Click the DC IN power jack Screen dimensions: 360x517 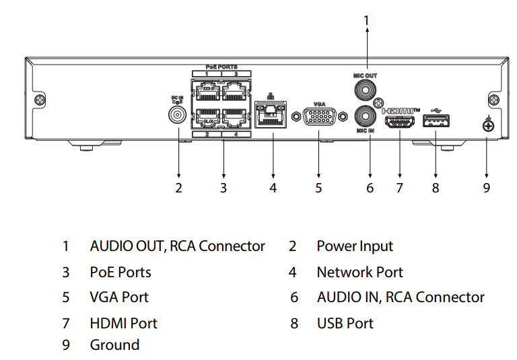(178, 116)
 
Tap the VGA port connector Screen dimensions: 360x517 (318, 119)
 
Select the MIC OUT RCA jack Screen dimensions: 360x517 (366, 89)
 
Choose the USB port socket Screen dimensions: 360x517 (435, 121)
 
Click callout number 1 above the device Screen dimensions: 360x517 (366, 21)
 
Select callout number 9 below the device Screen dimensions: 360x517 (487, 188)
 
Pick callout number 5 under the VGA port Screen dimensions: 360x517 (318, 188)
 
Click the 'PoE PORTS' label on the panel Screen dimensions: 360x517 (221, 67)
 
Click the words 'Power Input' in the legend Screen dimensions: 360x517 (355, 246)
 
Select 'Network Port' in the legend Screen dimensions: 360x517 (359, 273)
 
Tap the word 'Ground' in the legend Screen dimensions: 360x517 (114, 345)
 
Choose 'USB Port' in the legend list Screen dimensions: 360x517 (345, 324)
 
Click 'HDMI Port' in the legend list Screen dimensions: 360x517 (123, 324)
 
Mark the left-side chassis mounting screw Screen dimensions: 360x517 (40, 101)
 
